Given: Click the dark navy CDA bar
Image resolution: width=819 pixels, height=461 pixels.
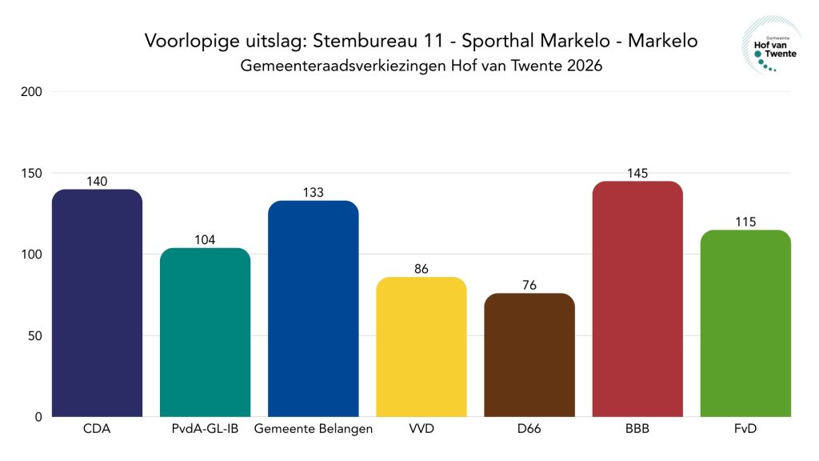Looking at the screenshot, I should pyautogui.click(x=97, y=303).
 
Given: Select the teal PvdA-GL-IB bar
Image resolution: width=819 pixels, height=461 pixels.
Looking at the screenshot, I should pyautogui.click(x=205, y=332).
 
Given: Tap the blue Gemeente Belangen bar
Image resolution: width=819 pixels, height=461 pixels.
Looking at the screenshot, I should pyautogui.click(x=314, y=309).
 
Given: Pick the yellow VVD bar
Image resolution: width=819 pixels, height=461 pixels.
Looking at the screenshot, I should pyautogui.click(x=421, y=347).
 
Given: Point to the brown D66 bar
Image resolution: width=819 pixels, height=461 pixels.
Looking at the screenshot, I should pyautogui.click(x=529, y=355).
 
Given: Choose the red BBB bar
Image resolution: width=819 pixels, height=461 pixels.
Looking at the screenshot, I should pyautogui.click(x=637, y=299).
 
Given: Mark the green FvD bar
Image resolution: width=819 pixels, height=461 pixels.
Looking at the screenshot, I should pyautogui.click(x=745, y=323).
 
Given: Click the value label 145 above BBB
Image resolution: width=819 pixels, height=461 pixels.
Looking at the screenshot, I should pyautogui.click(x=637, y=174).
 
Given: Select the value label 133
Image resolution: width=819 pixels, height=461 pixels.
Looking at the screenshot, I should pyautogui.click(x=314, y=193).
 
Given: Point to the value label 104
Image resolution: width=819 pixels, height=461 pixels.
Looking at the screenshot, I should pyautogui.click(x=205, y=240).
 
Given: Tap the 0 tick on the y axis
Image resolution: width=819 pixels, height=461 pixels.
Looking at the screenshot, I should pyautogui.click(x=38, y=417).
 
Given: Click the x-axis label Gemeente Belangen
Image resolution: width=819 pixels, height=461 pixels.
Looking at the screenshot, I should pyautogui.click(x=314, y=430).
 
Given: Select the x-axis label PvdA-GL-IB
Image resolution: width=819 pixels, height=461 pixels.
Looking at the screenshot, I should pyautogui.click(x=205, y=430).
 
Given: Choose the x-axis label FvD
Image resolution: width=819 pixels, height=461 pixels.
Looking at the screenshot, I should pyautogui.click(x=745, y=430).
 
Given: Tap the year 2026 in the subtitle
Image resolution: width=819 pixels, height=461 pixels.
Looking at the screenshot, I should pyautogui.click(x=582, y=66).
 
